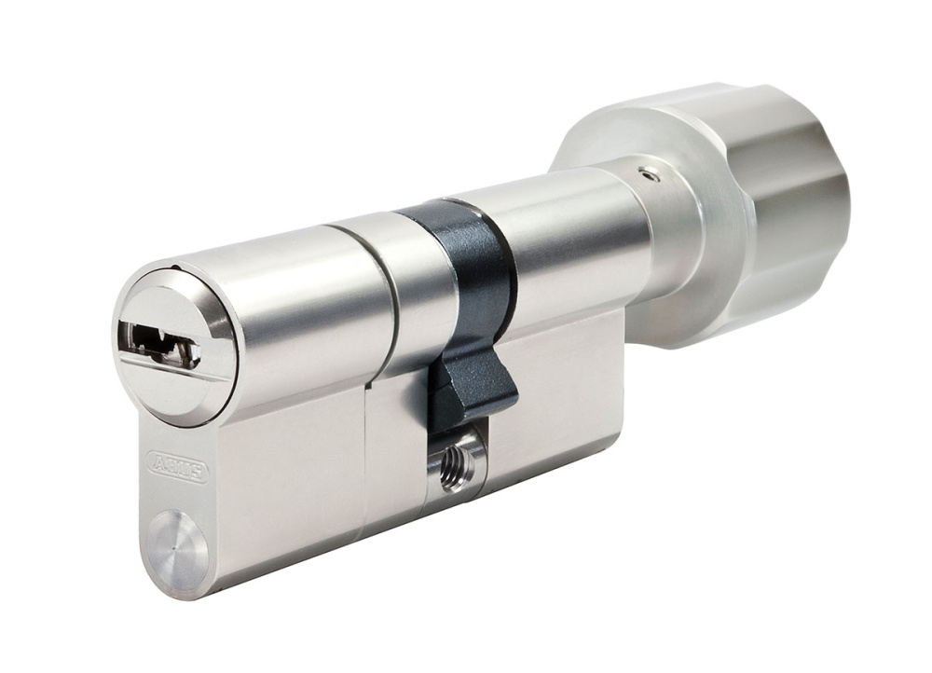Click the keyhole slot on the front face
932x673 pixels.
(x=158, y=344)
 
